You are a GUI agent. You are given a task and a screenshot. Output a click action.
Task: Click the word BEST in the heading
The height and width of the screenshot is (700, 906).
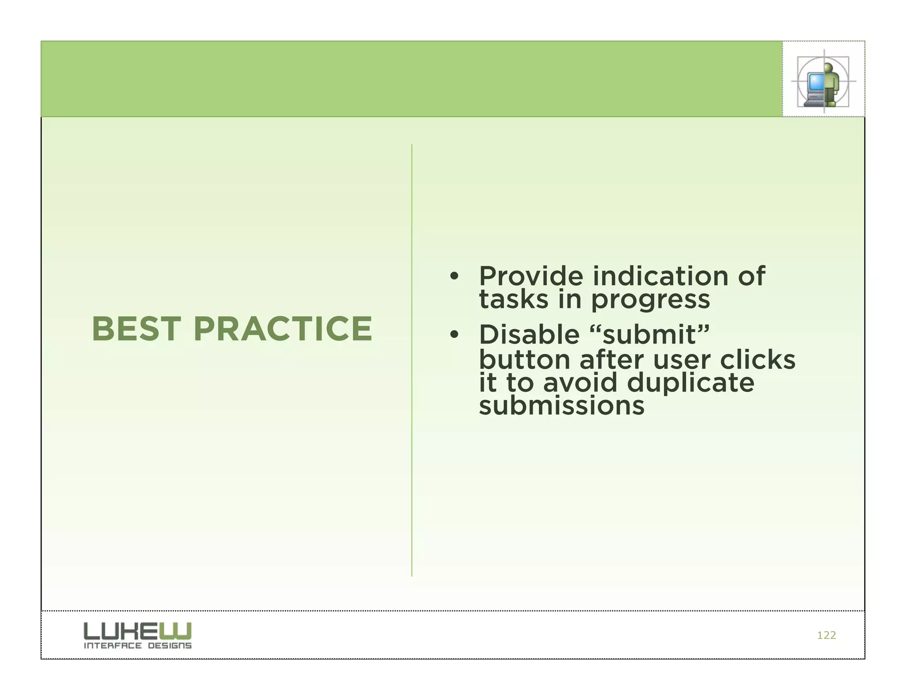136,329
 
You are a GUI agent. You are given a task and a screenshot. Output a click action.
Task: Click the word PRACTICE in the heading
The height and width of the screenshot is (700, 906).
283,329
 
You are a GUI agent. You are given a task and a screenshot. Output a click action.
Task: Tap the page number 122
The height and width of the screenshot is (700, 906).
826,635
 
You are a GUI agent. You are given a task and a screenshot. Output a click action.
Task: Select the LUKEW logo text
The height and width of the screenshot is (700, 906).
138,631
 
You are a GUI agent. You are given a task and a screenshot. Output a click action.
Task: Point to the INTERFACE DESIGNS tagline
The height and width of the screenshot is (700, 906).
138,646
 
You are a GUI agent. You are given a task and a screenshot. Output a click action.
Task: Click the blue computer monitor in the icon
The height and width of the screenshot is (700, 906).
815,82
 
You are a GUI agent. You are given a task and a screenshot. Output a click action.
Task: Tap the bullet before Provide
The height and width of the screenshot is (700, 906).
454,277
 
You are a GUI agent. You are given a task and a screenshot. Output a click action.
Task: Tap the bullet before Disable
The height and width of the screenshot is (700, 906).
454,335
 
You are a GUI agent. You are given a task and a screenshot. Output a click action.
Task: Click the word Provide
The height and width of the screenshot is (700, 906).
531,277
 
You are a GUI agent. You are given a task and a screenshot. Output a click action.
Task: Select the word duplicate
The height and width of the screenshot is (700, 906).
691,383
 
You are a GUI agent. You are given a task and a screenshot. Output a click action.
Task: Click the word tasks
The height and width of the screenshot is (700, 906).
514,300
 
